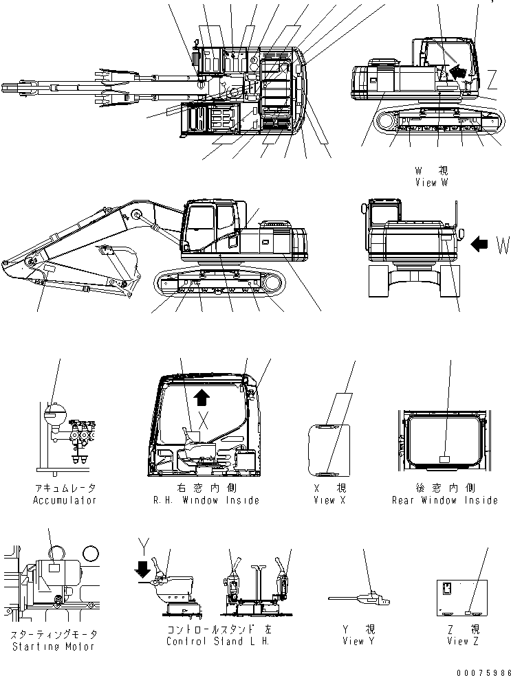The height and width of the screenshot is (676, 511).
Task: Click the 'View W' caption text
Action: pos(431,183)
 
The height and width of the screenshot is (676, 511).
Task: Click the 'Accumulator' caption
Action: pos(65,500)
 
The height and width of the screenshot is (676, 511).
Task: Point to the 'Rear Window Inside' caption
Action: pos(444,500)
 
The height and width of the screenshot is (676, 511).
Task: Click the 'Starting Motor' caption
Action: pos(53,646)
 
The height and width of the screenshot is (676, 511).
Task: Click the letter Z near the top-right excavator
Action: pos(492,82)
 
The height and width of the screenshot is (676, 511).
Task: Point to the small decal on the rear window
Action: pos(444,459)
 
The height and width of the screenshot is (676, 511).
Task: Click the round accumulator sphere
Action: pos(54,414)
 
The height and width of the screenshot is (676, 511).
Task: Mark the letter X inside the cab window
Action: pos(204,418)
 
